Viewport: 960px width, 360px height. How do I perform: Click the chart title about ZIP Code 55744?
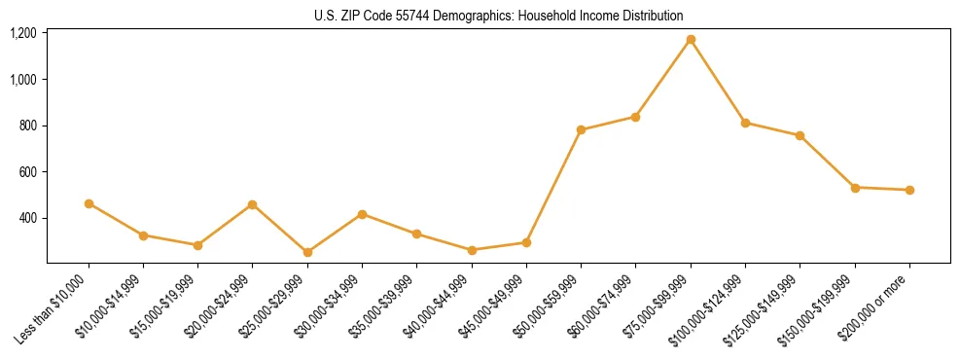(x=499, y=16)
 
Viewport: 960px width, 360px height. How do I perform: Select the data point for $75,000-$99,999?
(x=691, y=40)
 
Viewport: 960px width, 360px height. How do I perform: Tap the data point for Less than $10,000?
(x=89, y=203)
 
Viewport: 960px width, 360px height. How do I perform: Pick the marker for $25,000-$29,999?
(x=307, y=252)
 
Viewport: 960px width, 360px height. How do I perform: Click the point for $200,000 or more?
(x=909, y=190)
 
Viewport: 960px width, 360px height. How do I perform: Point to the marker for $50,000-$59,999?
(x=581, y=129)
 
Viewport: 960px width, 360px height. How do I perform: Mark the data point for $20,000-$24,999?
(x=253, y=204)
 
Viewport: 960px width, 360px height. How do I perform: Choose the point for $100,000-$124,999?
(x=745, y=123)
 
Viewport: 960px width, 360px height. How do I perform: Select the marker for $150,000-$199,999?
(x=855, y=187)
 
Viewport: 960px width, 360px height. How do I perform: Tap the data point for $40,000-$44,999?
(x=472, y=250)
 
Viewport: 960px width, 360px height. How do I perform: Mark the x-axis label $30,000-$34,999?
(x=331, y=308)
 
